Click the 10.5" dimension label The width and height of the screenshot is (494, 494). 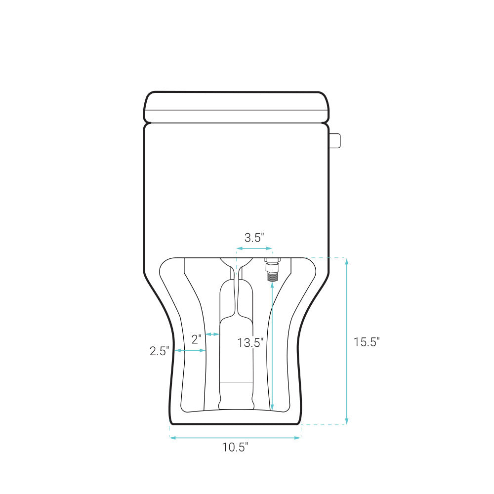coord(235,448)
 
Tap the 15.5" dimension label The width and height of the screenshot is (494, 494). coord(366,341)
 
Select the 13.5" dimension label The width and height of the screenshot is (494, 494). coord(250,342)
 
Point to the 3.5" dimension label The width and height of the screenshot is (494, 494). coord(254,237)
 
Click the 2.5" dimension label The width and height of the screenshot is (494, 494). coord(160,351)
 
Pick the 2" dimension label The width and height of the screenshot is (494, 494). coord(197,339)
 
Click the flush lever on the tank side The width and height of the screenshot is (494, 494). coord(335,140)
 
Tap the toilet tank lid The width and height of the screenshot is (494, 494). coord(236,107)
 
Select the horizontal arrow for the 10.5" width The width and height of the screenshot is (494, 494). coord(235,437)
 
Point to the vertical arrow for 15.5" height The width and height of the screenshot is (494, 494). coord(347,341)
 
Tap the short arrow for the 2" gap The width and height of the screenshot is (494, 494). coord(212,334)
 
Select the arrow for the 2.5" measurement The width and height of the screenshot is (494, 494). coord(190,351)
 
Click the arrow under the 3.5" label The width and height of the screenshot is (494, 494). coord(254,248)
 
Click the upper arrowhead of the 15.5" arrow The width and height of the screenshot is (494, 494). coord(347,261)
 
